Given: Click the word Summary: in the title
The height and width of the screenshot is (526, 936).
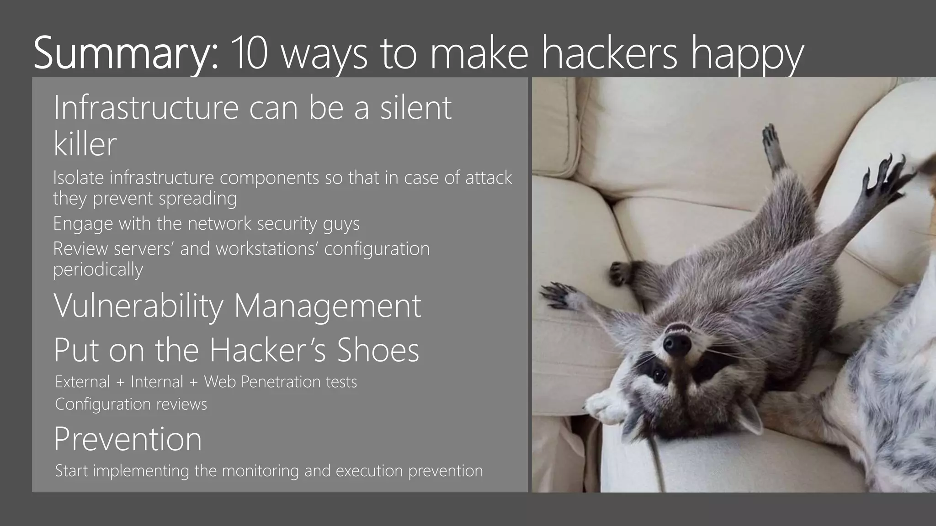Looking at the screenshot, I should (x=126, y=53).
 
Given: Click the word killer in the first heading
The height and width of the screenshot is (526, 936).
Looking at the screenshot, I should (x=85, y=144).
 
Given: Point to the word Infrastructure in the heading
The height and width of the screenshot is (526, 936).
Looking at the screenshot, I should (x=146, y=108).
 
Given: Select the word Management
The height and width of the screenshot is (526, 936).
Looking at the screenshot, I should (x=327, y=306).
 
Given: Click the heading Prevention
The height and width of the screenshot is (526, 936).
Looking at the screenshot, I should (x=128, y=439).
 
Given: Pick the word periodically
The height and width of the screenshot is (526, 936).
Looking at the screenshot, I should (x=98, y=269).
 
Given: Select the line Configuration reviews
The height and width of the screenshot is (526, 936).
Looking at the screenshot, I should (x=131, y=404).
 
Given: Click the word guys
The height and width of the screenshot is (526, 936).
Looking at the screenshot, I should (x=341, y=224).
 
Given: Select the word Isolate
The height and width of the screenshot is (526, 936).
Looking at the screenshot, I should (x=78, y=178).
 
